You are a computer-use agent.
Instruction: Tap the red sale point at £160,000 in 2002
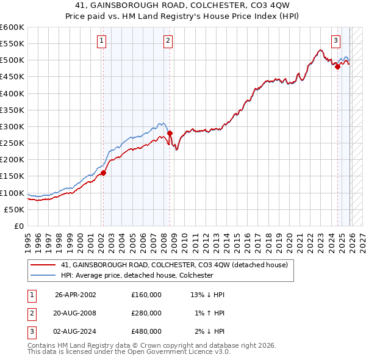pos(103,173)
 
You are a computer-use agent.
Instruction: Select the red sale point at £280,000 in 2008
pos(170,133)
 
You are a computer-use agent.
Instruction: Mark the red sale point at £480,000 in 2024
pos(337,67)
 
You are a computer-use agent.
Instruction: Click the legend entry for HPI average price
pos(137,275)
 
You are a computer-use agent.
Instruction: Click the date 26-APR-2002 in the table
pos(76,294)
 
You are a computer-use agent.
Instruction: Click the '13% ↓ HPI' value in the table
pos(207,294)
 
